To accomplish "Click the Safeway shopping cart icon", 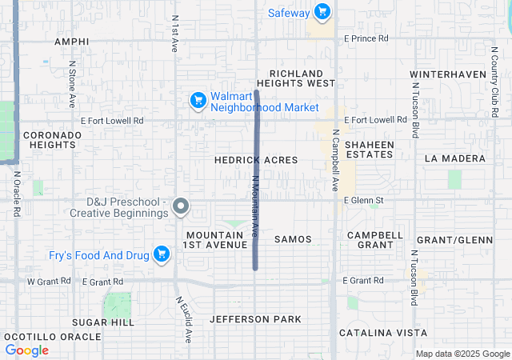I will click(322, 11).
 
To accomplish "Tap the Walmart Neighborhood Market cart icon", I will click(198, 100).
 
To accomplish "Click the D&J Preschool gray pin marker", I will click(181, 206).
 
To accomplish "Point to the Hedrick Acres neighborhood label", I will click(256, 160).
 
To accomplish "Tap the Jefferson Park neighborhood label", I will click(255, 319).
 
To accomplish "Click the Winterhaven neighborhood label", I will click(448, 74).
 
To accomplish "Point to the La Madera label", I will click(455, 158).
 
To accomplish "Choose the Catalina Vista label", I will click(382, 332).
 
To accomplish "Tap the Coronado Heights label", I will click(52, 140).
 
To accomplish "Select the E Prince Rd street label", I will click(366, 38).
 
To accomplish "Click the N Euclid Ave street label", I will click(185, 315).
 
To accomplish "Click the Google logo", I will click(27, 350).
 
